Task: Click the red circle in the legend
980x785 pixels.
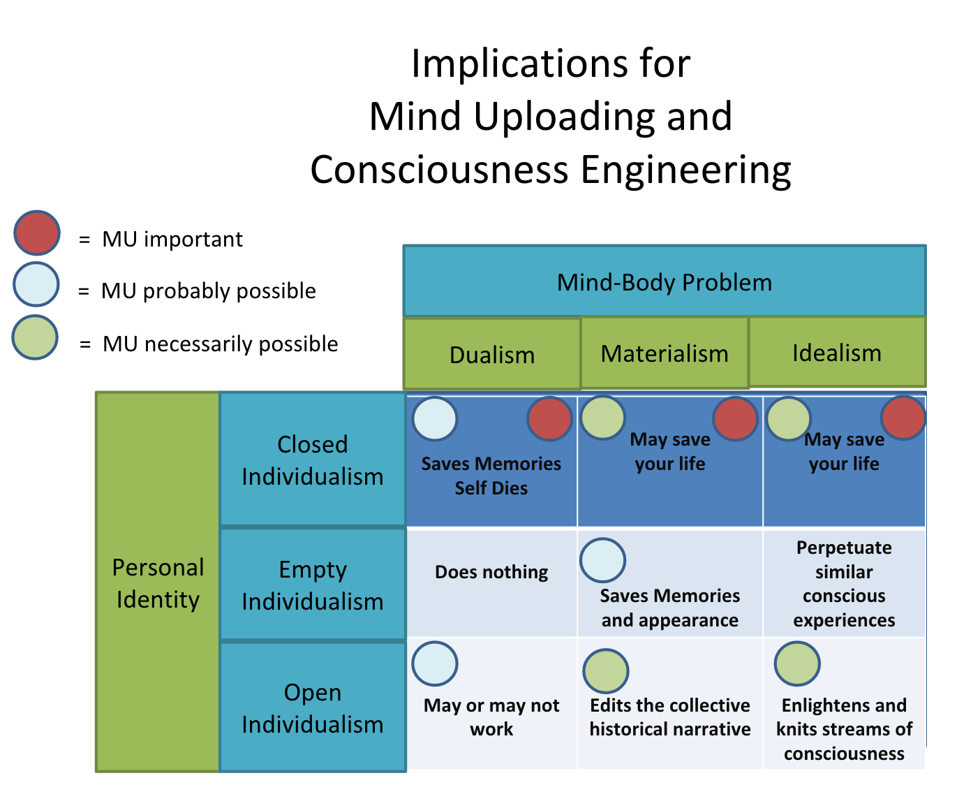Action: [37, 233]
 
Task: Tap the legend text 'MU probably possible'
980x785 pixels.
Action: [208, 291]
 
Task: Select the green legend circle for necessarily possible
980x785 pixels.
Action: [35, 337]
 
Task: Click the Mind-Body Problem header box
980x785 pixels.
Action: [664, 281]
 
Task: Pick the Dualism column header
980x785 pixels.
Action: [491, 354]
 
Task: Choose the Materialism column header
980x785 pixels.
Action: [664, 353]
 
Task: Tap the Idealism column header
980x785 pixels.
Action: [836, 352]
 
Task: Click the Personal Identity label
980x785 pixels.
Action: [158, 582]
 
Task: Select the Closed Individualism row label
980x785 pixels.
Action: [312, 460]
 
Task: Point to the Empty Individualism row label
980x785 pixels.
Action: [312, 585]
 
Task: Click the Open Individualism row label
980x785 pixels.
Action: [312, 707]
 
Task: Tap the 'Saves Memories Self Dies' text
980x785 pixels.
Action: [491, 476]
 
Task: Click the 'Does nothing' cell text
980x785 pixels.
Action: [491, 572]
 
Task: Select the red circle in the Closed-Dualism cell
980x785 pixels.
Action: [549, 419]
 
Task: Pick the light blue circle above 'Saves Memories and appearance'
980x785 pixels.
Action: [602, 560]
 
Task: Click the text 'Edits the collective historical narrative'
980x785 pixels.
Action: [669, 717]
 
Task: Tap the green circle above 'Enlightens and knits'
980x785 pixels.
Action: [796, 663]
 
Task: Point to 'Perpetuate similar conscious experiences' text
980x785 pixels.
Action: [843, 583]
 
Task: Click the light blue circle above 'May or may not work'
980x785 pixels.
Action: [434, 663]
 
